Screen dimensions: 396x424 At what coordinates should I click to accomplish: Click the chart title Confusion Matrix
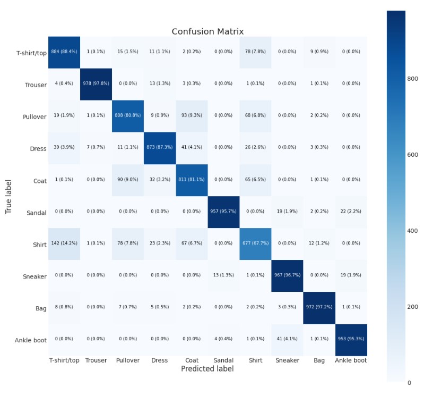pyautogui.click(x=207, y=31)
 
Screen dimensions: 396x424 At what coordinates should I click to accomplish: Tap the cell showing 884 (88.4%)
pyautogui.click(x=64, y=52)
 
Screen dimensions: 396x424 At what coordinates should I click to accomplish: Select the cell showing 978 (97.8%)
pyautogui.click(x=96, y=84)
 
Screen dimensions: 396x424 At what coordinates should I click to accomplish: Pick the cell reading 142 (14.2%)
pyautogui.click(x=64, y=243)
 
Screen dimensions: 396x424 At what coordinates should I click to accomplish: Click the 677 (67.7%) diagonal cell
pyautogui.click(x=255, y=243)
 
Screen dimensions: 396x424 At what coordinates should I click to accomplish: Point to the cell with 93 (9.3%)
pyautogui.click(x=192, y=116)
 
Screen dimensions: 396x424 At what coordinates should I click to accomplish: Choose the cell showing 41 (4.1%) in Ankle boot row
pyautogui.click(x=287, y=340)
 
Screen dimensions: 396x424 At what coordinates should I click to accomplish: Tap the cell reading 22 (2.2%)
pyautogui.click(x=351, y=212)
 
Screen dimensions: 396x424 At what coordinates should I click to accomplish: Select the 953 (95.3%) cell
pyautogui.click(x=351, y=340)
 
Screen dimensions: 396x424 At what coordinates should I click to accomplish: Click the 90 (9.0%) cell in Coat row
pyautogui.click(x=128, y=180)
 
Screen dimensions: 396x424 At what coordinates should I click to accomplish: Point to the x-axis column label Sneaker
pyautogui.click(x=287, y=360)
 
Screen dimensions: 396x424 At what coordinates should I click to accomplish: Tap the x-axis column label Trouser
pyautogui.click(x=96, y=360)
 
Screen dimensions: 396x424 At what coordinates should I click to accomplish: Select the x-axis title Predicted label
pyautogui.click(x=207, y=368)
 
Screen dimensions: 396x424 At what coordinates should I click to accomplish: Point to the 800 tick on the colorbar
pyautogui.click(x=413, y=79)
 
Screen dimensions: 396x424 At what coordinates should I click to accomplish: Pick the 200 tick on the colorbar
pyautogui.click(x=413, y=307)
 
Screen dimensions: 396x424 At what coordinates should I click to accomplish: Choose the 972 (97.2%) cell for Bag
pyautogui.click(x=319, y=308)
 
